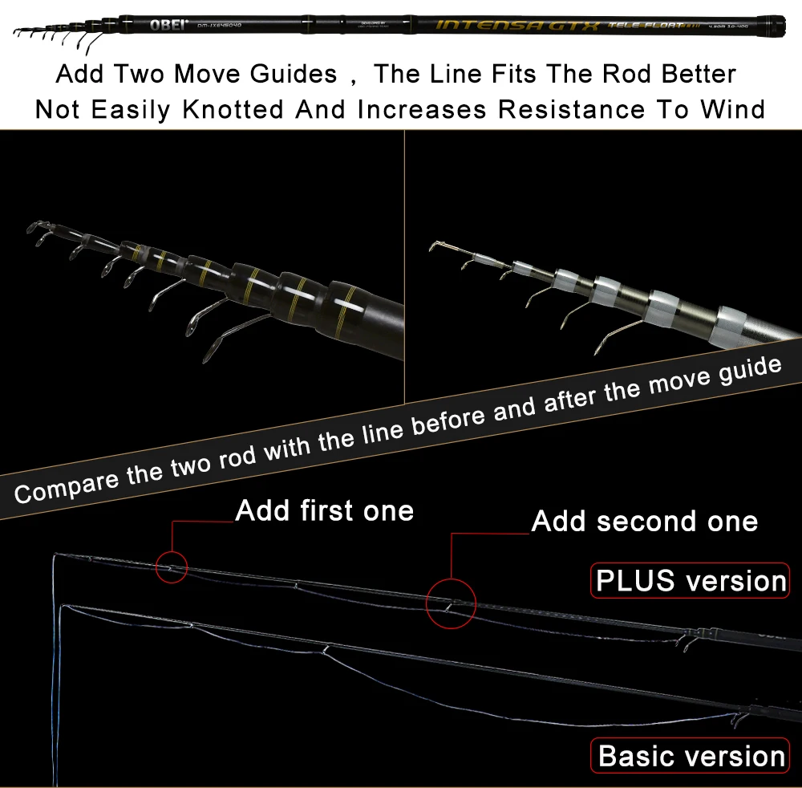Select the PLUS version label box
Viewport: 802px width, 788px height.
pos(690,580)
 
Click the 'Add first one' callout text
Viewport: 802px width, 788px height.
pos(325,510)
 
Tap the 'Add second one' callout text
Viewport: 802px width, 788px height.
pos(645,522)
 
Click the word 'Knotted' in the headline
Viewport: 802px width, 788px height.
pos(233,109)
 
